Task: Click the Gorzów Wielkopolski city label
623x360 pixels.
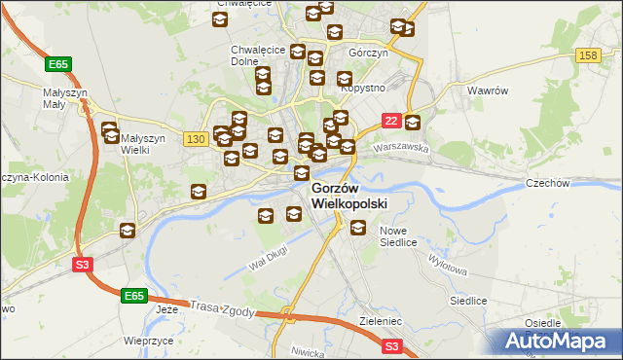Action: [x=349, y=196]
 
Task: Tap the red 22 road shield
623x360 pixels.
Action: [x=390, y=120]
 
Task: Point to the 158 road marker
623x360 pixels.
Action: [x=587, y=55]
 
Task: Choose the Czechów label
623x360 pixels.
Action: [x=573, y=183]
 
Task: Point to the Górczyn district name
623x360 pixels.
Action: [x=368, y=54]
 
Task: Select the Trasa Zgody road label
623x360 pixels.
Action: [x=223, y=308]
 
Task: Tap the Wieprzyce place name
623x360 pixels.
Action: [x=148, y=341]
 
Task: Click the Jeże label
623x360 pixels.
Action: [x=167, y=310]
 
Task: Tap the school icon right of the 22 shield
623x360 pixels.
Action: [x=413, y=123]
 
